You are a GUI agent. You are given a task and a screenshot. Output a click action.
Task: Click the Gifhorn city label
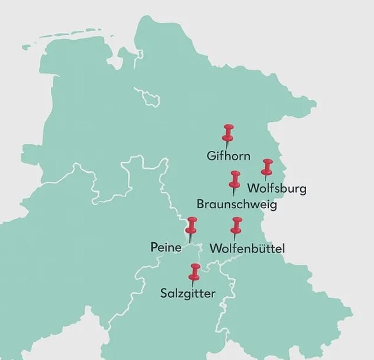pos(229,155)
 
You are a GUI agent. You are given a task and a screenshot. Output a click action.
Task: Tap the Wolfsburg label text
pos(277,188)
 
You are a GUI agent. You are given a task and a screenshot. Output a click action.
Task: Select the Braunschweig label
pos(237,205)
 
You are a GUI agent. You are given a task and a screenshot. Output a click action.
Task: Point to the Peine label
pos(166,247)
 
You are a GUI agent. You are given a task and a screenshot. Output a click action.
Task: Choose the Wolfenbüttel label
pos(247,249)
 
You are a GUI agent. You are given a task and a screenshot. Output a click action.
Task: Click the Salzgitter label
pos(188,294)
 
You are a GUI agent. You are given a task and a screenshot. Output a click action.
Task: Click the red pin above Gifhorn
pos(228,133)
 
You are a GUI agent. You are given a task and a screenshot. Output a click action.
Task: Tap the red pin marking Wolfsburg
pos(267,167)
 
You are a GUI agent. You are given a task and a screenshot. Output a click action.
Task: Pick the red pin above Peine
pos(192,225)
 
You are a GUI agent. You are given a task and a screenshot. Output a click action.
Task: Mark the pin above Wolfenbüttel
pos(236,225)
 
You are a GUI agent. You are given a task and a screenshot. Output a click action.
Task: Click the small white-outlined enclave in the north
pos(148,96)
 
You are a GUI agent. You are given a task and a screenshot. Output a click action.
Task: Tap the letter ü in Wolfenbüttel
pos(261,249)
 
